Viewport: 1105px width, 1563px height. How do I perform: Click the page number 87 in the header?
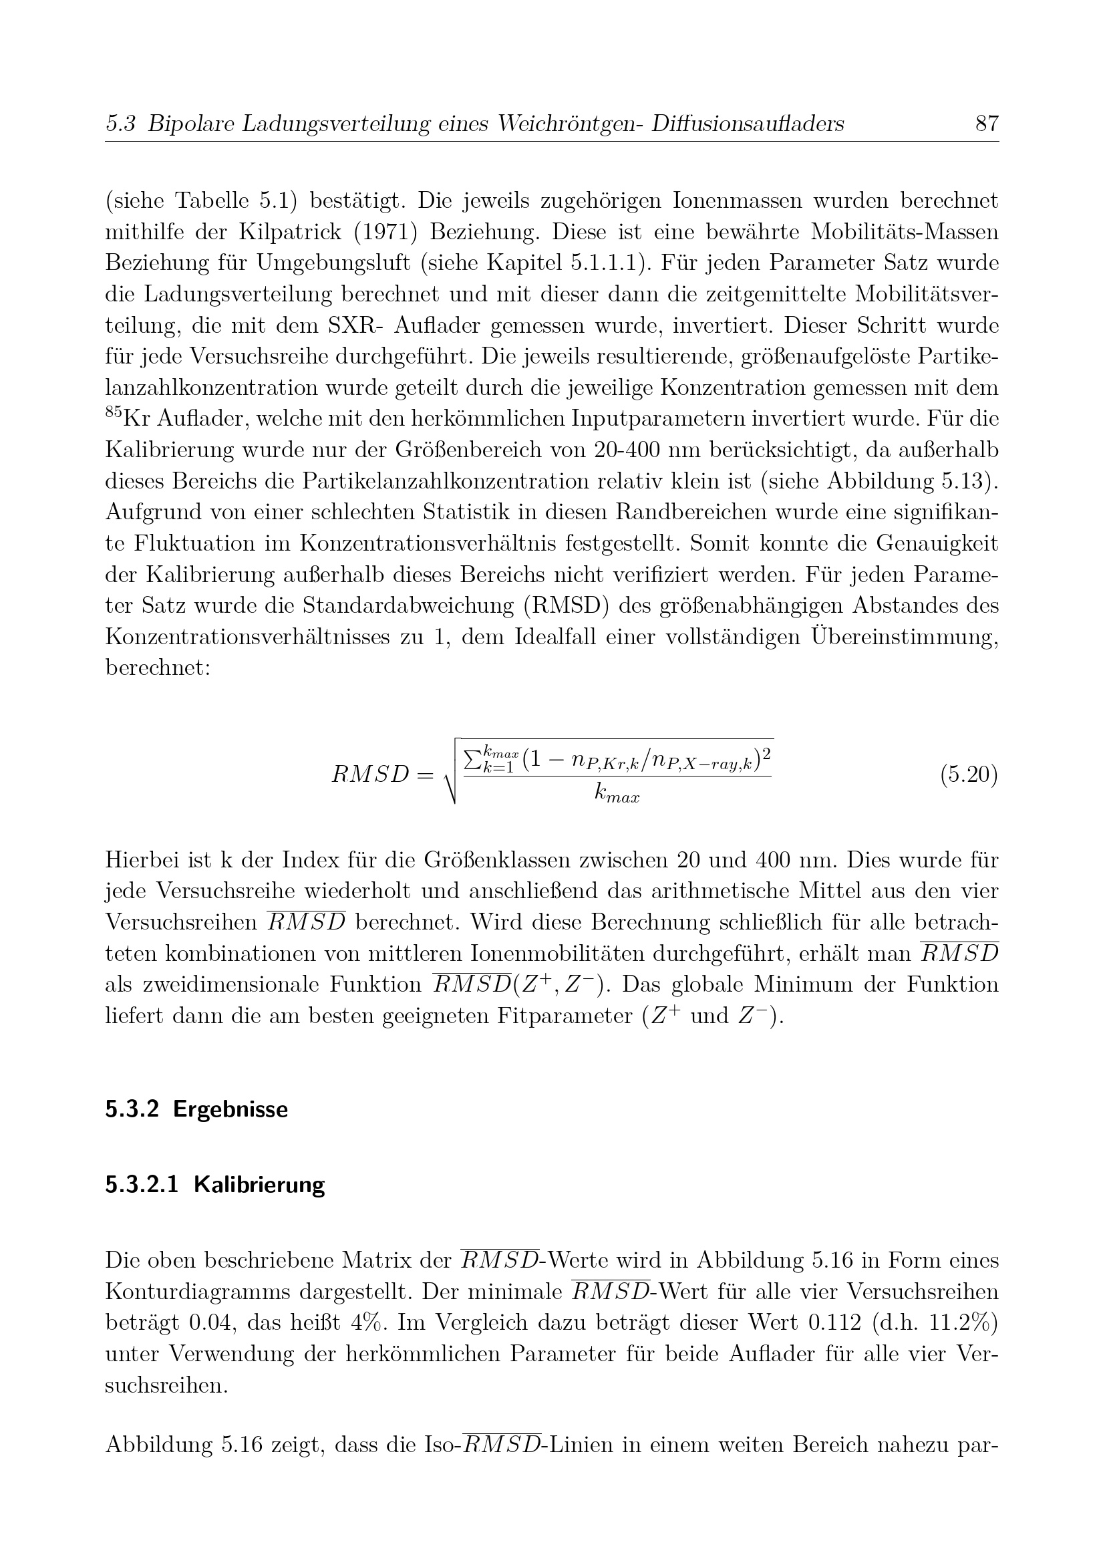987,124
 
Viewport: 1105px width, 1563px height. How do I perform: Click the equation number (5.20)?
969,774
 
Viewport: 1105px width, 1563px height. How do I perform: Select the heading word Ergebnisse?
230,1109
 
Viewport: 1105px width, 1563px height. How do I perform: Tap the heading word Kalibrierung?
259,1185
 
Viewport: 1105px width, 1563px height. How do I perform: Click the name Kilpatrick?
289,232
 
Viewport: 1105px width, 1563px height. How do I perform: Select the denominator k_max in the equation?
617,794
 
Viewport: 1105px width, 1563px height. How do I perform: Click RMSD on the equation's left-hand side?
369,775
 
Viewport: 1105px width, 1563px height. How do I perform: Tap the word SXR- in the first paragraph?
356,325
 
